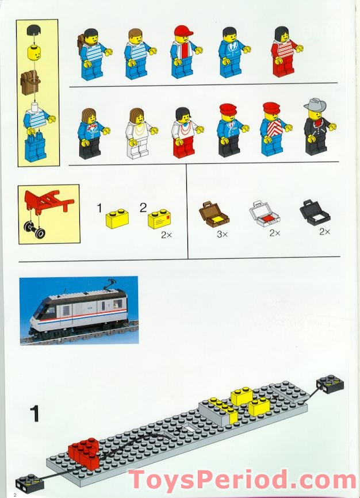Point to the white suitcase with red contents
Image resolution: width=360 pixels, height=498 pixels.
[264, 214]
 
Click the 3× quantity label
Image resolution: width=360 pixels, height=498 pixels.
[222, 234]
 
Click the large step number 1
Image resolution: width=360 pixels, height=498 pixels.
[35, 413]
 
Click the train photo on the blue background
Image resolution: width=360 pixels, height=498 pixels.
[79, 310]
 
